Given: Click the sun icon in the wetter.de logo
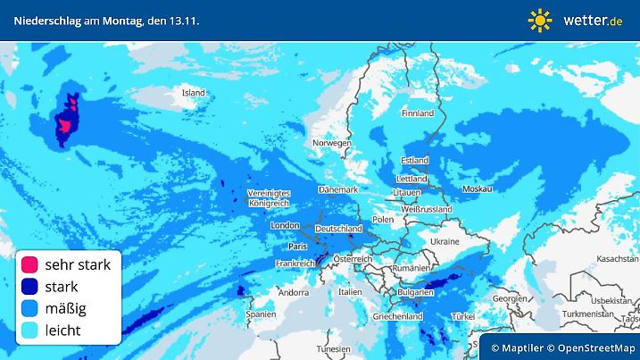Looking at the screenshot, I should pyautogui.click(x=540, y=20).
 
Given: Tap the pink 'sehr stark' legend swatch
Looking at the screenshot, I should pyautogui.click(x=30, y=264).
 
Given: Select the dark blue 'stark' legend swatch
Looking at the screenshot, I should pyautogui.click(x=30, y=287).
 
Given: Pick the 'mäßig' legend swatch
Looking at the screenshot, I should pyautogui.click(x=30, y=308).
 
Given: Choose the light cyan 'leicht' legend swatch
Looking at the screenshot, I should pyautogui.click(x=30, y=330).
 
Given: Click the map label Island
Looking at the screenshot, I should pyautogui.click(x=194, y=92).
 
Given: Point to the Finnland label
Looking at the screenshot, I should pyautogui.click(x=418, y=113).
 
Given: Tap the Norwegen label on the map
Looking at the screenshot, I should pyautogui.click(x=331, y=143).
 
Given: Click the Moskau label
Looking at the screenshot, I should pyautogui.click(x=478, y=189).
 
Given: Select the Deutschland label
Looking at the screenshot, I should pyautogui.click(x=339, y=229).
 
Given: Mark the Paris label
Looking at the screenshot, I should pyautogui.click(x=298, y=246).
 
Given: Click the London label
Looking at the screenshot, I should pyautogui.click(x=284, y=226).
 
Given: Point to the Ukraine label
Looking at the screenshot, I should pyautogui.click(x=445, y=241).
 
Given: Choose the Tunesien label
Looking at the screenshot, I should pyautogui.click(x=333, y=348).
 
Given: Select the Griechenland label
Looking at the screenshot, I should pyautogui.click(x=398, y=316).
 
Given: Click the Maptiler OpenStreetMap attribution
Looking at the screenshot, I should pyautogui.click(x=561, y=347).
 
